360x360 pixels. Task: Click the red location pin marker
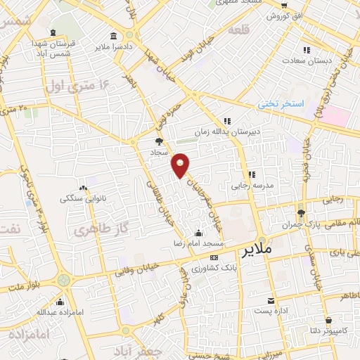pyautogui.click(x=181, y=165)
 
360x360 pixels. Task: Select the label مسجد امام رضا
pyautogui.click(x=198, y=243)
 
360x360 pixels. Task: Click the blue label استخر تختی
pyautogui.click(x=280, y=104)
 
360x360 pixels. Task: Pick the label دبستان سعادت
pyautogui.click(x=313, y=61)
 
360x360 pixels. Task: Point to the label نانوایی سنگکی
pyautogui.click(x=82, y=198)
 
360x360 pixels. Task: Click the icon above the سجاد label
pyautogui.click(x=157, y=141)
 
